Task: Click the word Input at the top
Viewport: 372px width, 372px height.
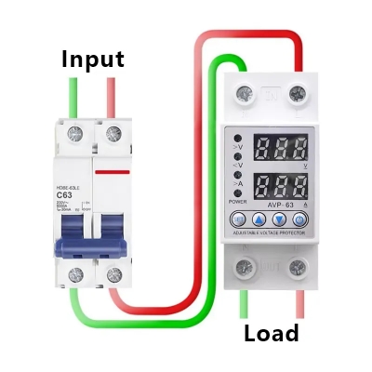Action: click(92, 59)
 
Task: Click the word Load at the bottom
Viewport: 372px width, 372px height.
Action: click(271, 333)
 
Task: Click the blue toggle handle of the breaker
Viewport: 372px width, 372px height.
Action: click(94, 235)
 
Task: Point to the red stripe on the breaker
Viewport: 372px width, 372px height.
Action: click(113, 171)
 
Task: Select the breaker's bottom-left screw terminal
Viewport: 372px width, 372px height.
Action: click(73, 274)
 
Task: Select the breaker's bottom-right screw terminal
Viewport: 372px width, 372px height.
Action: click(113, 274)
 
